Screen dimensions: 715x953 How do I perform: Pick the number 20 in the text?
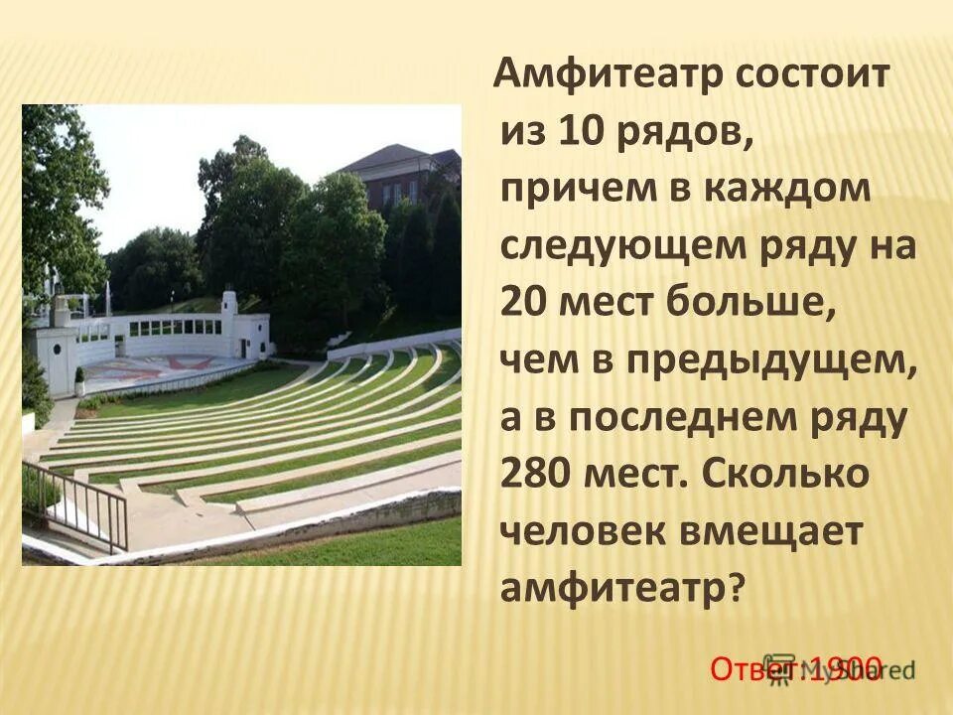point(526,305)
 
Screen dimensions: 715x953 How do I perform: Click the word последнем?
point(674,419)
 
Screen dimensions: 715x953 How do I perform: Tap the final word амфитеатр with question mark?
point(620,590)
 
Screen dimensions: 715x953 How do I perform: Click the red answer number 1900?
point(844,667)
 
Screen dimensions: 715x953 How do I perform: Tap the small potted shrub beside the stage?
point(79,381)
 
